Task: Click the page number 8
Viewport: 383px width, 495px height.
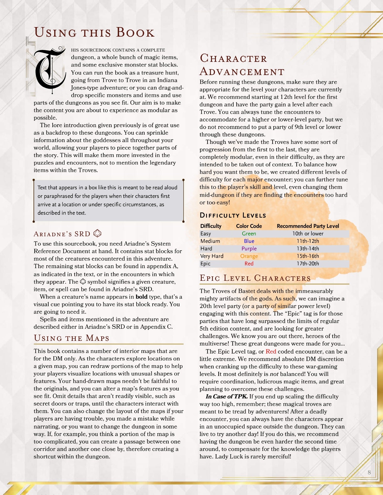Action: coord(369,472)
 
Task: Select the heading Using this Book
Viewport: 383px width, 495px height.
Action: coord(94,32)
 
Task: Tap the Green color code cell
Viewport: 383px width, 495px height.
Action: coord(249,234)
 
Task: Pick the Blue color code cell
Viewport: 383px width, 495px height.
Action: coord(249,241)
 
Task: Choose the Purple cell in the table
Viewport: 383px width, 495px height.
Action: coord(249,249)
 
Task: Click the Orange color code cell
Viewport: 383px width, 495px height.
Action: coord(249,256)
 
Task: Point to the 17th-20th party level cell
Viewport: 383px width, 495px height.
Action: coord(308,263)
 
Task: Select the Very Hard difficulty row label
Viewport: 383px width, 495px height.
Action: coord(212,256)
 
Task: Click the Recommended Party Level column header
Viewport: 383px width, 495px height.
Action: coord(308,226)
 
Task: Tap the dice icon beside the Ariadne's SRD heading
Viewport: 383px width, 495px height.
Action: coord(97,233)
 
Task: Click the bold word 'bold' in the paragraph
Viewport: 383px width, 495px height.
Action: coord(142,297)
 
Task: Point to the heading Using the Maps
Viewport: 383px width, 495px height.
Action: coord(72,338)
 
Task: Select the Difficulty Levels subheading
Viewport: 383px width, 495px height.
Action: coord(233,215)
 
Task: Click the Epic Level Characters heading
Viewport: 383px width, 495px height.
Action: coord(255,278)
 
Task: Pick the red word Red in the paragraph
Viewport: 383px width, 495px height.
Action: coord(271,352)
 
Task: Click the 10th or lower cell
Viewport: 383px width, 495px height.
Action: coord(308,234)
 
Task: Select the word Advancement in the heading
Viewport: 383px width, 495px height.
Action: coord(242,71)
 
